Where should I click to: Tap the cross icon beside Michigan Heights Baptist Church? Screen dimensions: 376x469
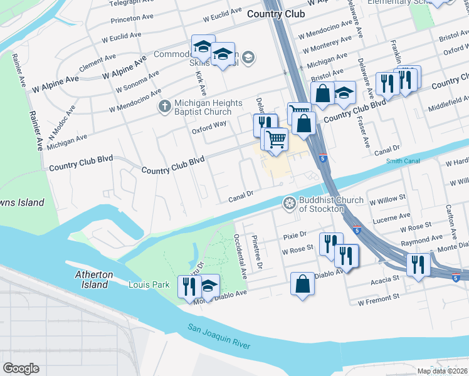[x=164, y=107]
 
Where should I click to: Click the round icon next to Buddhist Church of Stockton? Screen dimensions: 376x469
[x=289, y=202]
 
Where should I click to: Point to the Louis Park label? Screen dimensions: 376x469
[x=149, y=285]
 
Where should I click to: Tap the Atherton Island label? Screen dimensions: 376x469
[x=94, y=279]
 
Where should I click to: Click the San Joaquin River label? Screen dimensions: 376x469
[x=219, y=337]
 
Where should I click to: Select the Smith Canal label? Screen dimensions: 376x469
[x=403, y=161]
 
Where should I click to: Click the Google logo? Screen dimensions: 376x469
[x=21, y=368]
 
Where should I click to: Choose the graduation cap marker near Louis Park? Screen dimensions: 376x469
[x=209, y=286]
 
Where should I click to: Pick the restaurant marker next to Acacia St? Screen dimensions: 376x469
[x=417, y=264]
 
